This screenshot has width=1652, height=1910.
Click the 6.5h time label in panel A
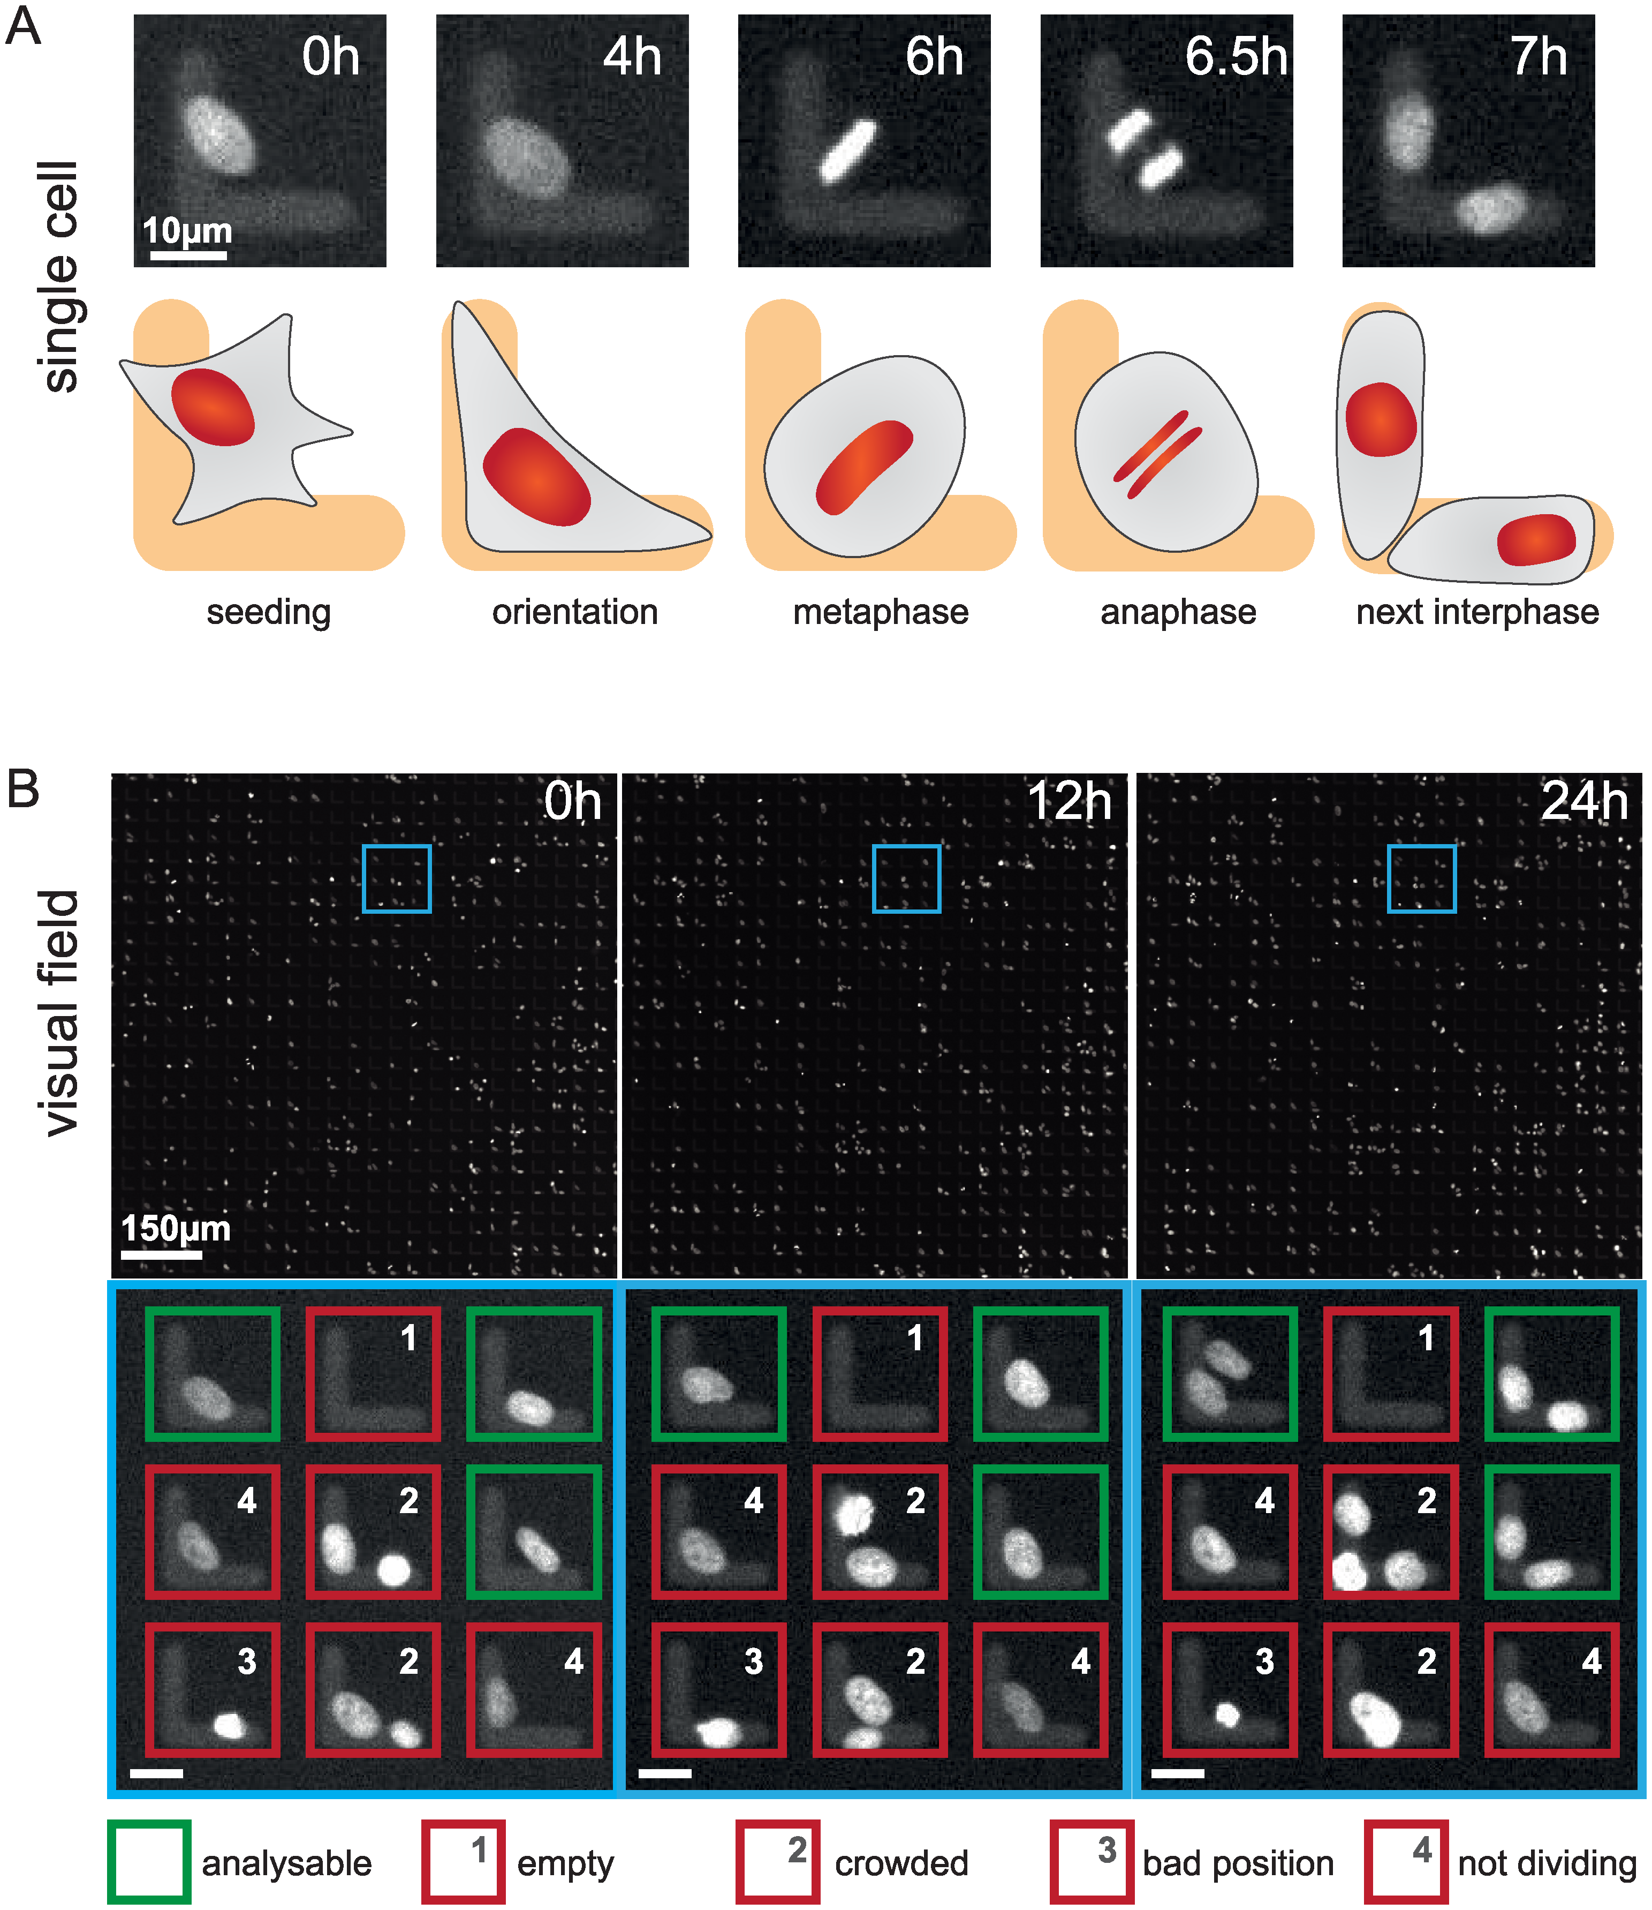click(1236, 57)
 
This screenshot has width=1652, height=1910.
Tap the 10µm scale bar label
click(187, 230)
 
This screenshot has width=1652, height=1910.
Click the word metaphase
click(881, 612)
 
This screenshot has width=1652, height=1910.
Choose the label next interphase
click(1477, 612)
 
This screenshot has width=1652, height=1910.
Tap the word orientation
click(574, 612)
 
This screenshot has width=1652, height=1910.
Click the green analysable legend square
click(148, 1862)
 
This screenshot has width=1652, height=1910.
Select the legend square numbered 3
click(1092, 1862)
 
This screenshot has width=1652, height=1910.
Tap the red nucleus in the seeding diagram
click(212, 407)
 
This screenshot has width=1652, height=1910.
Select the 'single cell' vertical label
click(61, 277)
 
